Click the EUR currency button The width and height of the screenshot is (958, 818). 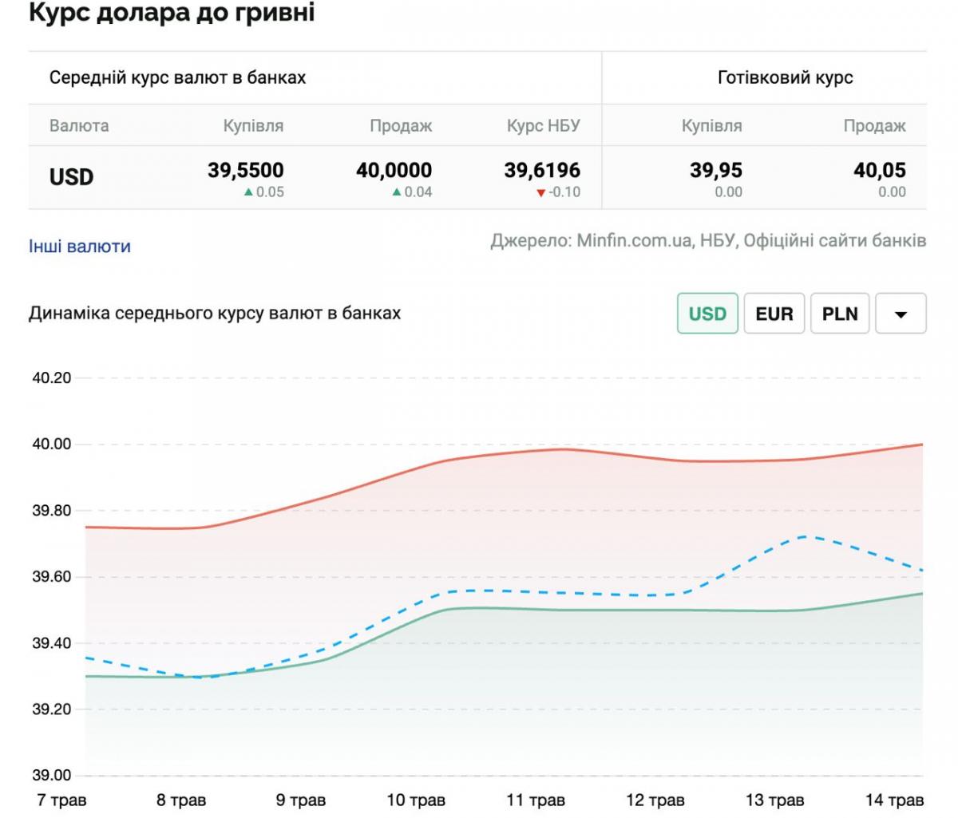click(774, 313)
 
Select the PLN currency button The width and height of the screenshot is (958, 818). click(840, 313)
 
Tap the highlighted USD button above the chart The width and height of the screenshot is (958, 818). click(707, 313)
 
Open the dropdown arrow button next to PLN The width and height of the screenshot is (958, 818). click(901, 314)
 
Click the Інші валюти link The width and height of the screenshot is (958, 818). click(79, 247)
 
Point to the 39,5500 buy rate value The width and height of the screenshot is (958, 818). click(246, 170)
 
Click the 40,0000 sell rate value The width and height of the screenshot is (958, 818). click(394, 170)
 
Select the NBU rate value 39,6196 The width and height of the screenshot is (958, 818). click(542, 170)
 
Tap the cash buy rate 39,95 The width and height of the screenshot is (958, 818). click(716, 170)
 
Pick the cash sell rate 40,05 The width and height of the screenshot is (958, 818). click(880, 170)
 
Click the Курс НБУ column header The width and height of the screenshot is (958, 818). click(544, 125)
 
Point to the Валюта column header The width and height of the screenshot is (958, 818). click(79, 125)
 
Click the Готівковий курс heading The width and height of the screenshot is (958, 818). click(785, 77)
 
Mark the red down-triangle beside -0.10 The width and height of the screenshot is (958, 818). click(541, 192)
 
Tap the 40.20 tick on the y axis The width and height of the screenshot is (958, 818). click(52, 378)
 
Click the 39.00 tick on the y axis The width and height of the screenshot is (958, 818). click(52, 775)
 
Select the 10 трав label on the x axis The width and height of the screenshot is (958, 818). click(416, 800)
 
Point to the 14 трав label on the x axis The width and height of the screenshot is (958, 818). click(894, 800)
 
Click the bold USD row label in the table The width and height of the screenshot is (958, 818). click(72, 176)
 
